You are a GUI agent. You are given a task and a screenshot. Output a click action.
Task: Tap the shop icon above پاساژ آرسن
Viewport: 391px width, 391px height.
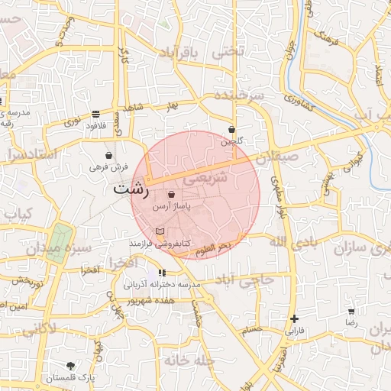click(170, 195)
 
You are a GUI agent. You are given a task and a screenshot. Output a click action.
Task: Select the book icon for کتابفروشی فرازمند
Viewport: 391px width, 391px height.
click(160, 231)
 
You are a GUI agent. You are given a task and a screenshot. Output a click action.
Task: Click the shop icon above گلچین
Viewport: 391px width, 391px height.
click(232, 129)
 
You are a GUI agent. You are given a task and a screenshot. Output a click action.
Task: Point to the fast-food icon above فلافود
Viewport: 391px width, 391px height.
click(95, 113)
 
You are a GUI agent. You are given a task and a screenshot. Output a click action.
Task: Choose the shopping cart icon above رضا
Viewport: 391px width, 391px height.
click(351, 312)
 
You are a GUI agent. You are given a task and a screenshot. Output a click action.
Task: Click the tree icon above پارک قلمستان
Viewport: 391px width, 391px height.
click(71, 366)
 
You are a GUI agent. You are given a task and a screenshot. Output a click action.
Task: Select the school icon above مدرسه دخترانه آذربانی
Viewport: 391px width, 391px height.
click(161, 273)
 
